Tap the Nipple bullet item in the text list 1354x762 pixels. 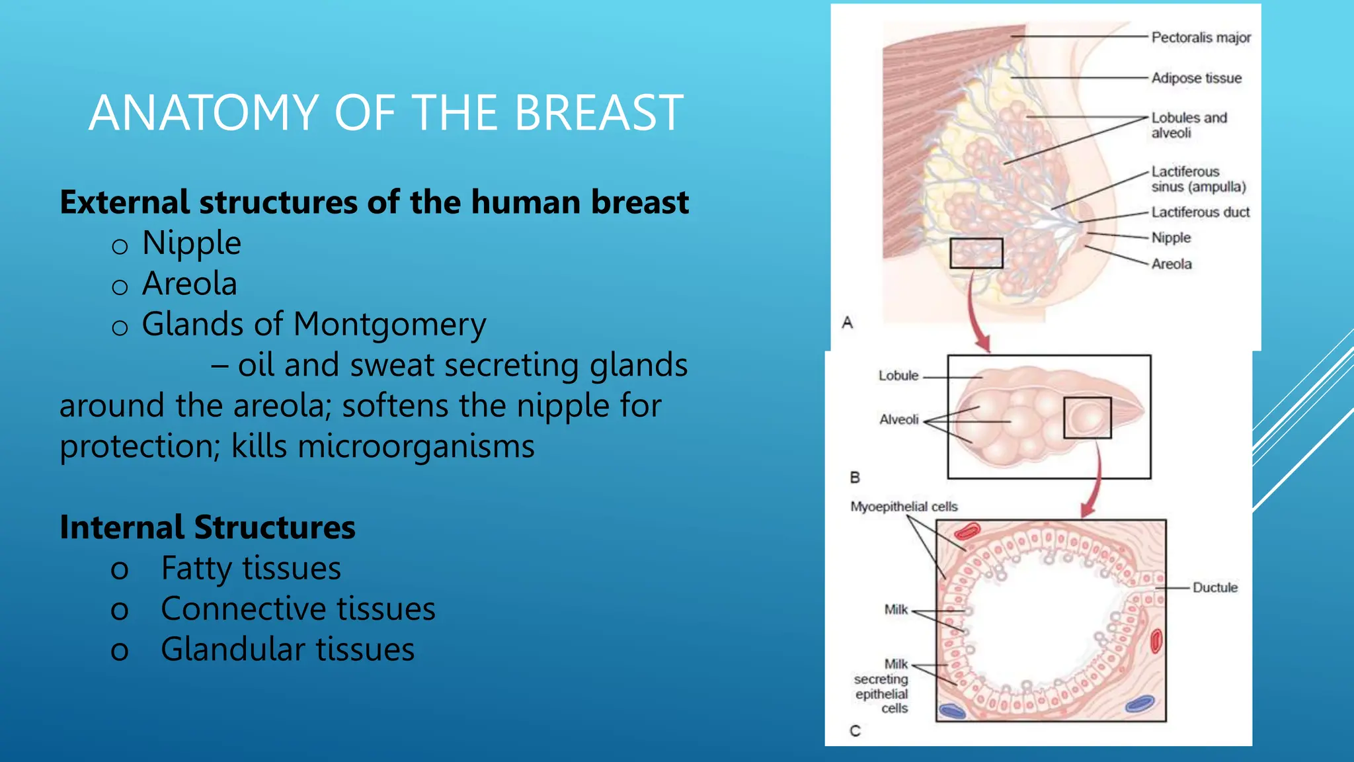point(191,243)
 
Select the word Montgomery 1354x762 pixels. point(389,324)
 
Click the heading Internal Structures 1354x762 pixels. point(208,527)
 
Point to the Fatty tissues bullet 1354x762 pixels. point(251,568)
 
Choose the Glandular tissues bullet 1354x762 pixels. point(287,650)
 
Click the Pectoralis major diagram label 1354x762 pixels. point(1201,38)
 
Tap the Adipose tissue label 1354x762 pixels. point(1196,78)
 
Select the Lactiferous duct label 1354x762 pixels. point(1200,212)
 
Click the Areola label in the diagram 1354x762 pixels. point(1172,264)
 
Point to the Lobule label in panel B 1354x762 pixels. point(898,376)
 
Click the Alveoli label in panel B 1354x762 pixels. point(898,419)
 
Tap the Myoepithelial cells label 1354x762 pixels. point(904,507)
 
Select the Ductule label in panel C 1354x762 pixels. point(1215,587)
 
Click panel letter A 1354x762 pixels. point(848,323)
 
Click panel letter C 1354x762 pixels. point(855,731)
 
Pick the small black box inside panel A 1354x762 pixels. point(976,253)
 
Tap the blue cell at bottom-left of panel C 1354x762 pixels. point(953,711)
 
